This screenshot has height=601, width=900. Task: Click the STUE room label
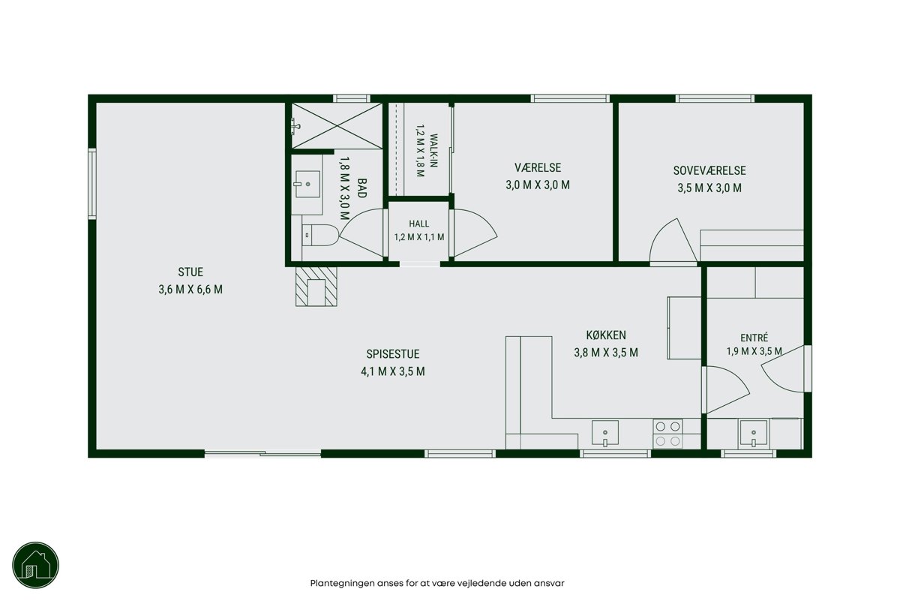190,272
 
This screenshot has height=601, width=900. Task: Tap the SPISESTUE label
393,354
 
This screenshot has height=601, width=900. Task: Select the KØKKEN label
606,335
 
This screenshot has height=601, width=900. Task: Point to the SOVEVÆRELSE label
709,170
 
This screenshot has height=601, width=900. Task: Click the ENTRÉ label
754,338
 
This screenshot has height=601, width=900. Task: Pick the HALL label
419,224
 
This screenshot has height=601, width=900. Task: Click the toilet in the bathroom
321,235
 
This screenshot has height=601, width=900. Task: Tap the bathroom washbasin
307,184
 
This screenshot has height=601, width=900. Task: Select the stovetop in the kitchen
667,434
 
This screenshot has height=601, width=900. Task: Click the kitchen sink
605,434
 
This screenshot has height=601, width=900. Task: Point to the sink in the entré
754,434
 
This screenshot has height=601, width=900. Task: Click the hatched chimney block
316,287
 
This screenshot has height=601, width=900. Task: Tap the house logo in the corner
36,565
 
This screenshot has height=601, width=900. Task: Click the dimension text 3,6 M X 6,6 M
190,290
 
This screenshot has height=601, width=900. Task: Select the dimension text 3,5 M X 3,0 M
709,188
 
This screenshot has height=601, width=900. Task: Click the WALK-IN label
433,150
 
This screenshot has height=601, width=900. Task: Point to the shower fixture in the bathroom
295,126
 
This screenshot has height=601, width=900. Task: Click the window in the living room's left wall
92,184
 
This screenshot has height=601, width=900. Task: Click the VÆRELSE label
538,167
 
